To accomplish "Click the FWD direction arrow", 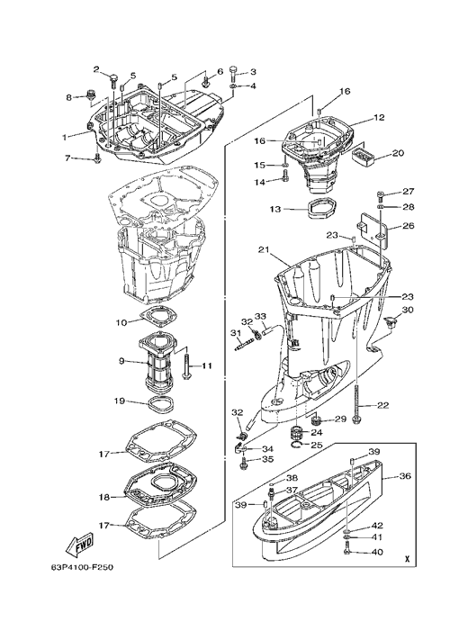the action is (x=79, y=545).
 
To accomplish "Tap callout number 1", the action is (x=64, y=137).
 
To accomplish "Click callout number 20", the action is (x=398, y=154).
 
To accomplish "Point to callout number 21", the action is (x=264, y=250).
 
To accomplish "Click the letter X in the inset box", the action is (x=407, y=559).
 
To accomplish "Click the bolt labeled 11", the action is (x=186, y=365).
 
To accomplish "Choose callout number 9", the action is (x=121, y=361).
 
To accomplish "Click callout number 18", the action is (x=103, y=497).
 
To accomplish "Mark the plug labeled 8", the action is (x=90, y=96).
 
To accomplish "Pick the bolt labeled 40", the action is (x=347, y=551).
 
